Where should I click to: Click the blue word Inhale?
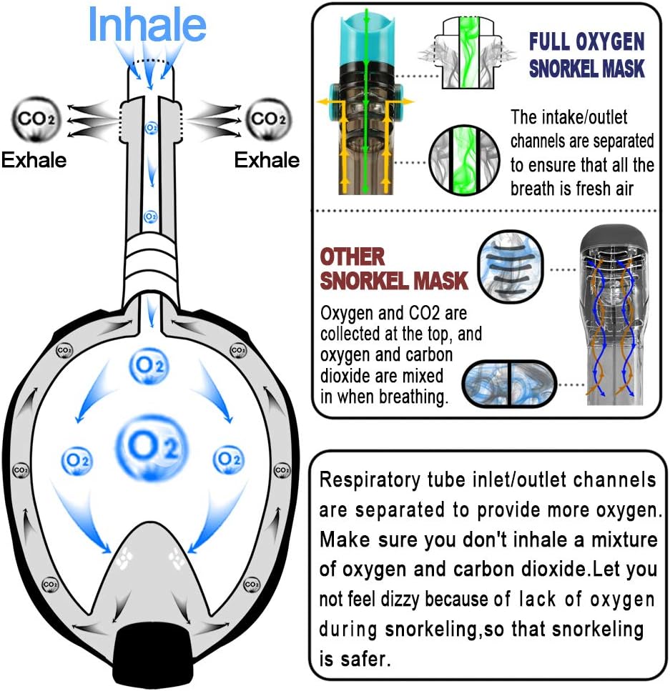pos(147,24)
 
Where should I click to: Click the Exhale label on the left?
pos(34,159)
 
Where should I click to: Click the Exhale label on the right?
pos(267,159)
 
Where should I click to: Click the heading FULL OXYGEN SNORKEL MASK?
pos(586,54)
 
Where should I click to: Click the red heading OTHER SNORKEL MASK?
pos(393,269)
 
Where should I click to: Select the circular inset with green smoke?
pos(463,161)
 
